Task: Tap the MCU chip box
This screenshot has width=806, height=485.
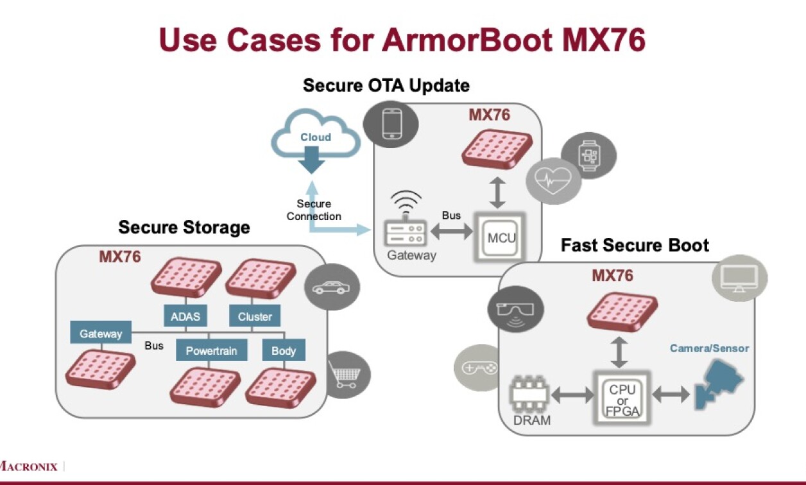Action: pos(501,237)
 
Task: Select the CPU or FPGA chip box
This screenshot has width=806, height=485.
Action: pos(622,396)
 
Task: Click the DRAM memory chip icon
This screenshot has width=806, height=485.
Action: pos(529,396)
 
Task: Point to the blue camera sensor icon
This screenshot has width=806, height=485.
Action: pos(718,384)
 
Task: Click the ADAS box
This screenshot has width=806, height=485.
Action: pos(185,316)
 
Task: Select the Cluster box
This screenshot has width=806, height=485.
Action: pos(255,316)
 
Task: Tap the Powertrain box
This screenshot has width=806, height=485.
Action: pos(211,350)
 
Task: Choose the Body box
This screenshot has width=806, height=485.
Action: pos(283,350)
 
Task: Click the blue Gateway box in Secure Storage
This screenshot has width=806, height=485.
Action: pos(101,334)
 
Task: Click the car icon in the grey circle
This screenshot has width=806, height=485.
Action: pos(332,288)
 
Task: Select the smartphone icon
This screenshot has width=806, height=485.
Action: pos(391,124)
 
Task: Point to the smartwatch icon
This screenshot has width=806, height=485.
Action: pos(588,155)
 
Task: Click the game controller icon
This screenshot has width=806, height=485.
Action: pos(476,368)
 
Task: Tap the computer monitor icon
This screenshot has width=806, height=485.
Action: pos(739,278)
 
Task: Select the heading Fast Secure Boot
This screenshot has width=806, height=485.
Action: pos(635,245)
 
